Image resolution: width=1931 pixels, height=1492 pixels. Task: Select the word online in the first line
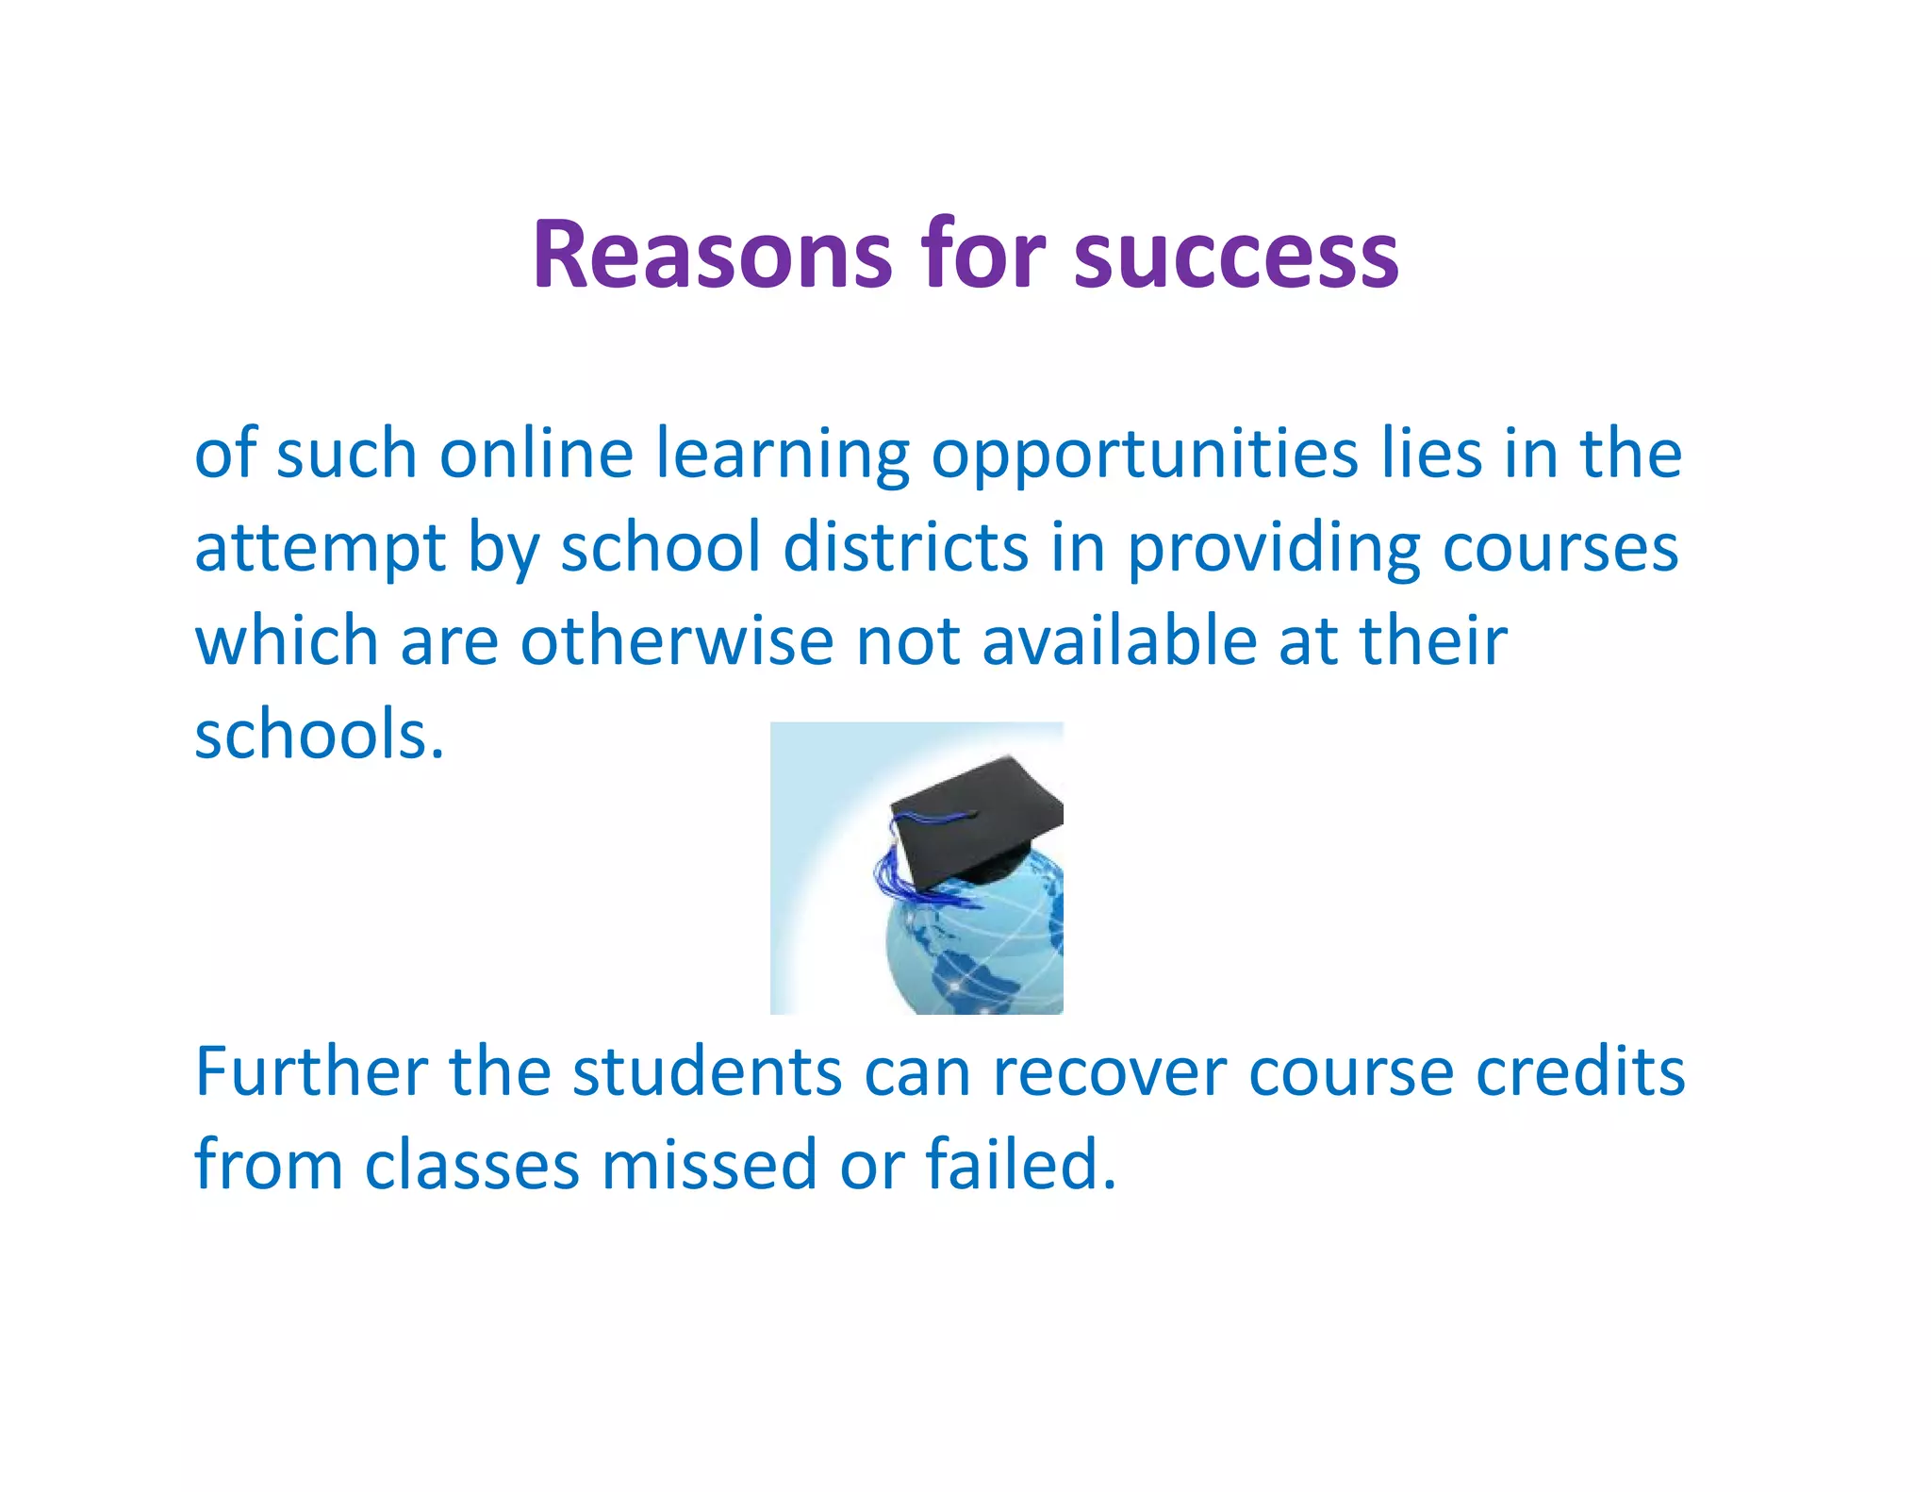click(536, 455)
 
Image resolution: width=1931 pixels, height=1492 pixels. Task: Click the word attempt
click(320, 549)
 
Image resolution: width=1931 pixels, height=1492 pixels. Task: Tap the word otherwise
click(677, 641)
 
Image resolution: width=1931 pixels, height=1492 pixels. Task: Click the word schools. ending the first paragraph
click(319, 735)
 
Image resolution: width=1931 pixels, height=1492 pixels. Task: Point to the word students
click(706, 1072)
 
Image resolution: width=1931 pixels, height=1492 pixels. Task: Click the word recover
click(1109, 1072)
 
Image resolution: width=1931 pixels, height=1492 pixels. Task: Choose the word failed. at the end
click(1020, 1166)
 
